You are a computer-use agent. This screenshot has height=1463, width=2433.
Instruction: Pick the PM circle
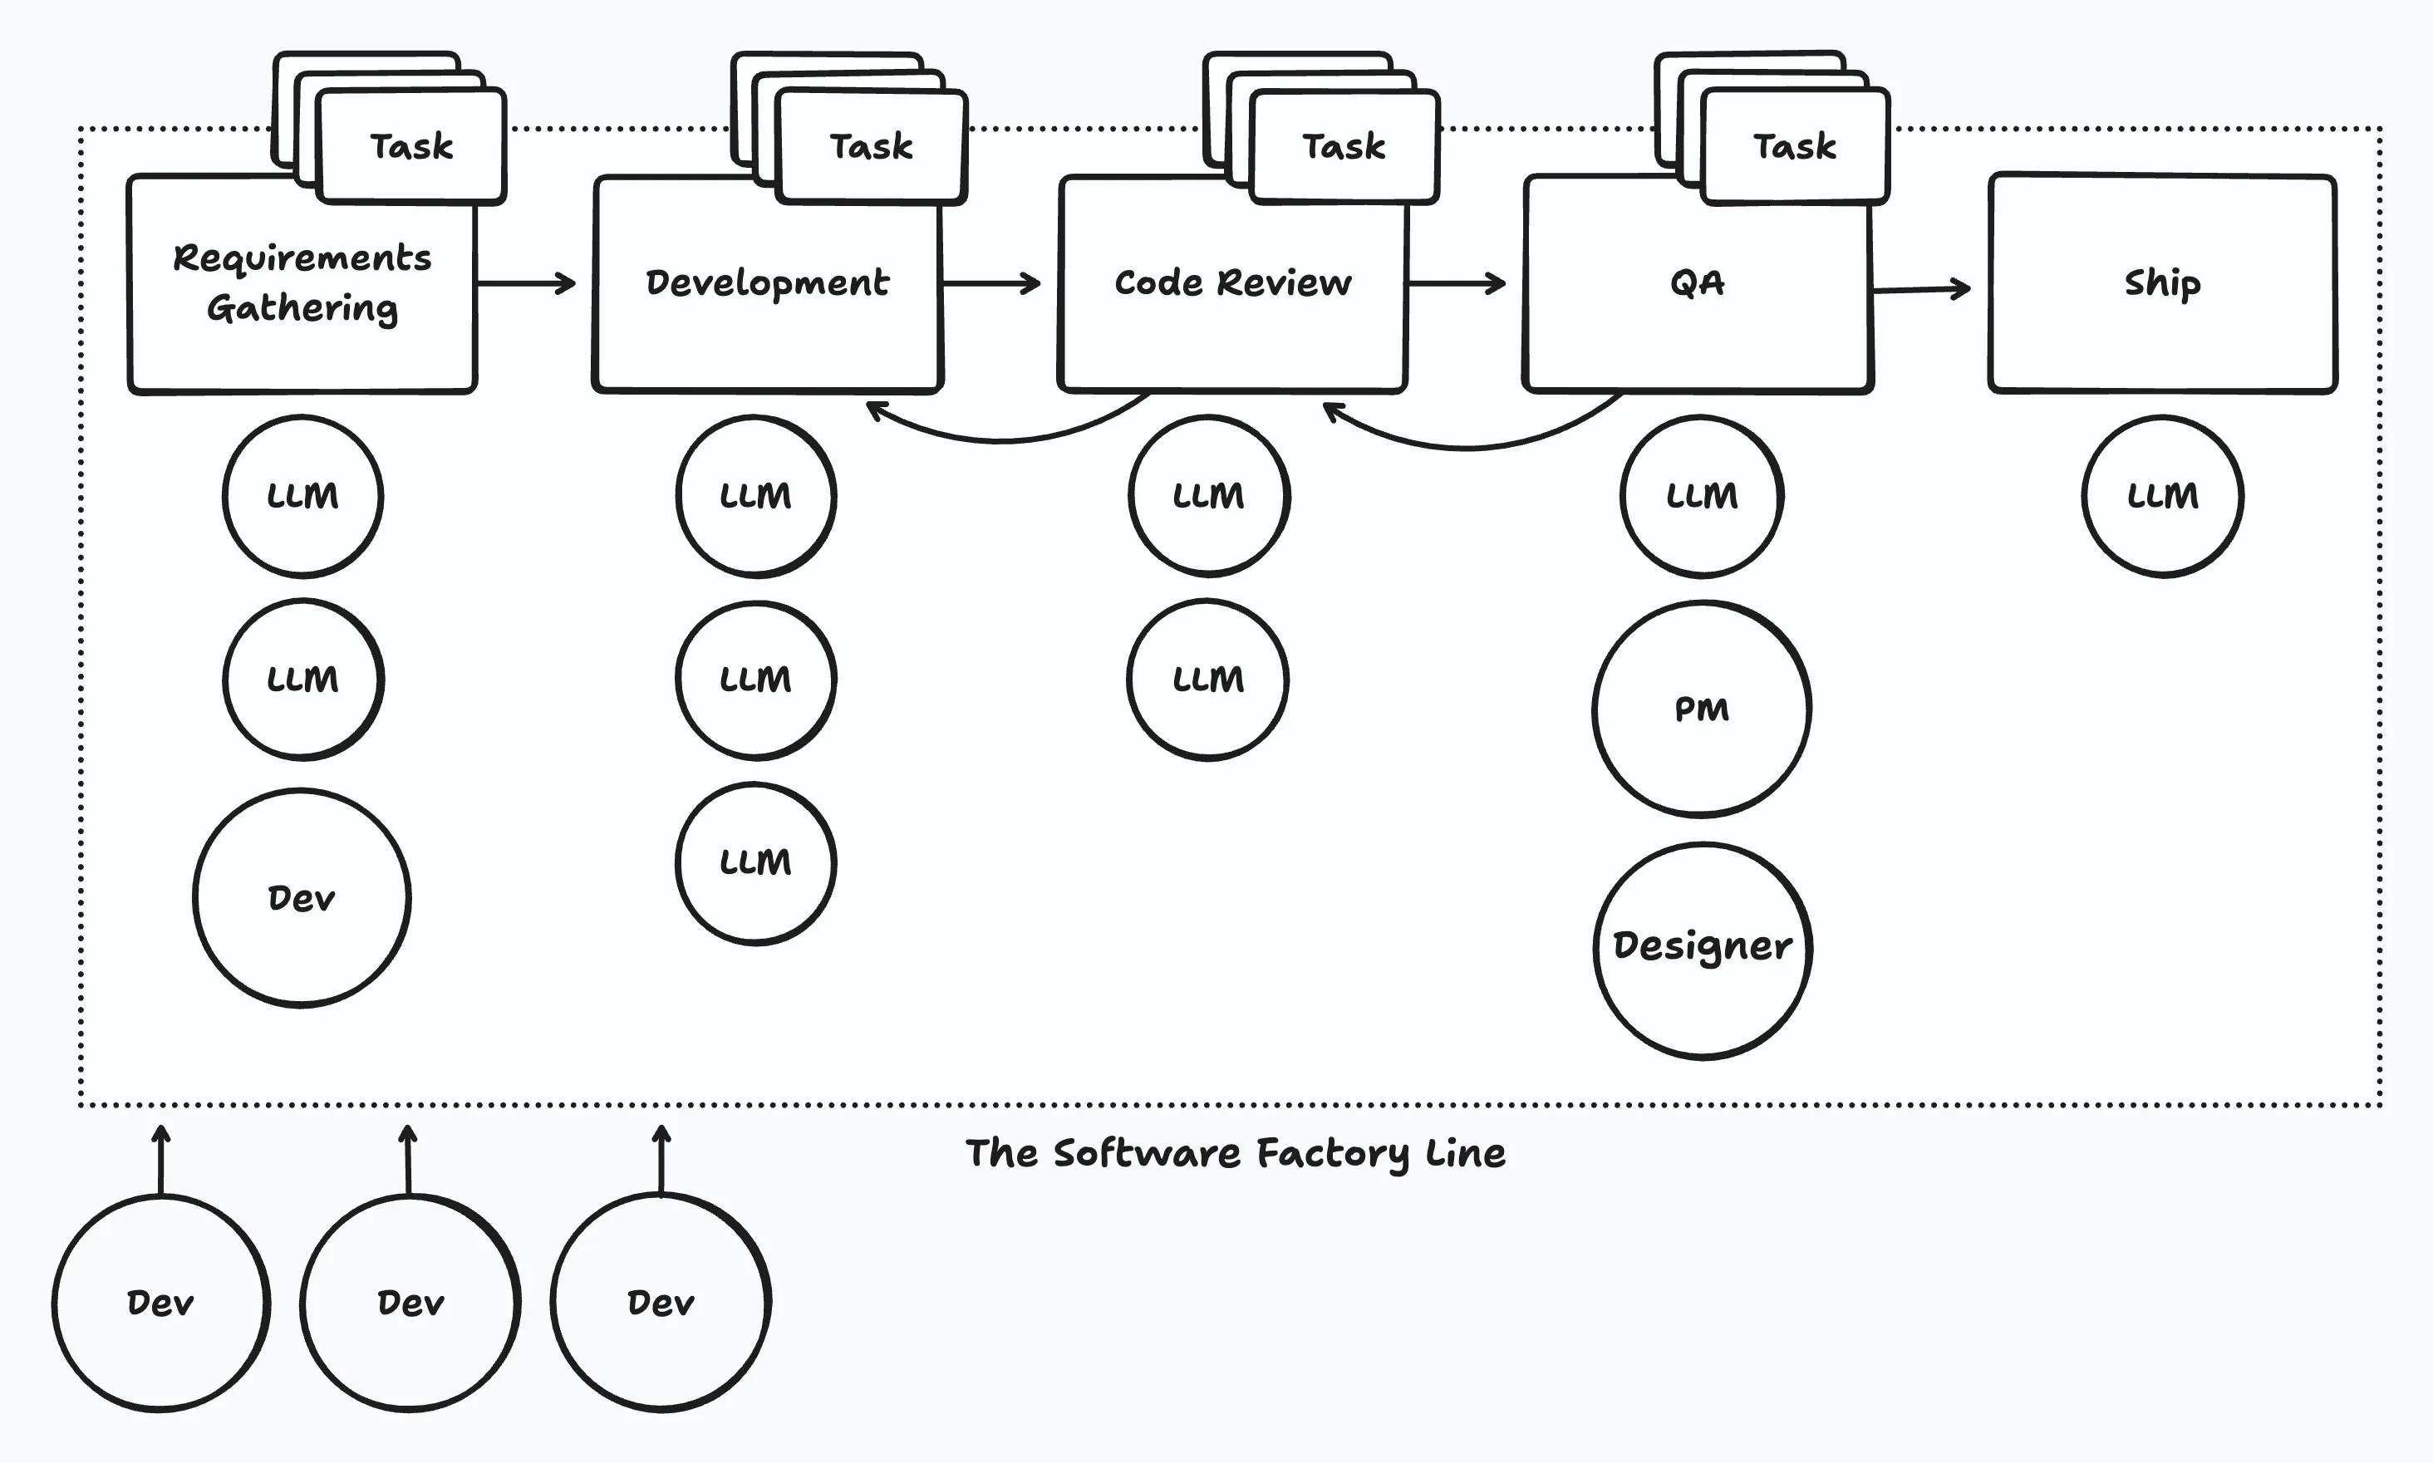(1702, 709)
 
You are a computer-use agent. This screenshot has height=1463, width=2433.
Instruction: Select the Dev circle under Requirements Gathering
(302, 897)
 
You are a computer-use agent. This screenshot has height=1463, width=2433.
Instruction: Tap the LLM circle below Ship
(2162, 496)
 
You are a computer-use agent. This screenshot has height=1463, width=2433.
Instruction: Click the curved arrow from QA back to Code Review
(1469, 445)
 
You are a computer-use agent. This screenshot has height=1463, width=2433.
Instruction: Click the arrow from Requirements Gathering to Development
(524, 283)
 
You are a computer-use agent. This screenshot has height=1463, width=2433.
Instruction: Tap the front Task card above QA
(1794, 146)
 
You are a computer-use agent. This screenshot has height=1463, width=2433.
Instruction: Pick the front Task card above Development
(872, 146)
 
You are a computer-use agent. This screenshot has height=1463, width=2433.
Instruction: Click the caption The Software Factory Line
(1236, 1153)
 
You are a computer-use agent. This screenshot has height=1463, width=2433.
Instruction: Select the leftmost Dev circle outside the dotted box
(160, 1303)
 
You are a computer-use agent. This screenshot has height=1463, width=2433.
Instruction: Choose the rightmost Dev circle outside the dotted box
(661, 1303)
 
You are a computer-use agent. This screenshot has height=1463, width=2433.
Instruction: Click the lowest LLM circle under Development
(755, 862)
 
